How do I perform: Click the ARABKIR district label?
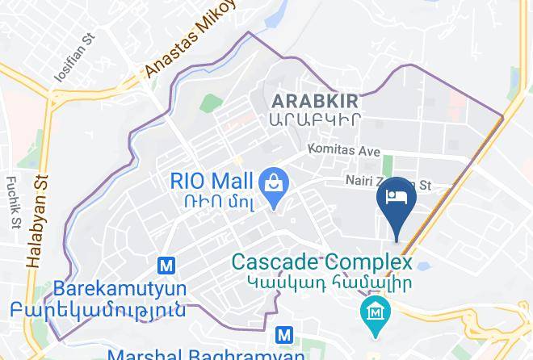click(315, 101)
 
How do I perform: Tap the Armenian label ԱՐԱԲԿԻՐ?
click(315, 119)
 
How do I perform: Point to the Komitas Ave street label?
click(343, 150)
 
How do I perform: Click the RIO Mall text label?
click(212, 180)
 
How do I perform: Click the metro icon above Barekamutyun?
click(166, 265)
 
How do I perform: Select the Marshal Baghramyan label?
click(206, 354)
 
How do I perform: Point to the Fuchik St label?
click(14, 202)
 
